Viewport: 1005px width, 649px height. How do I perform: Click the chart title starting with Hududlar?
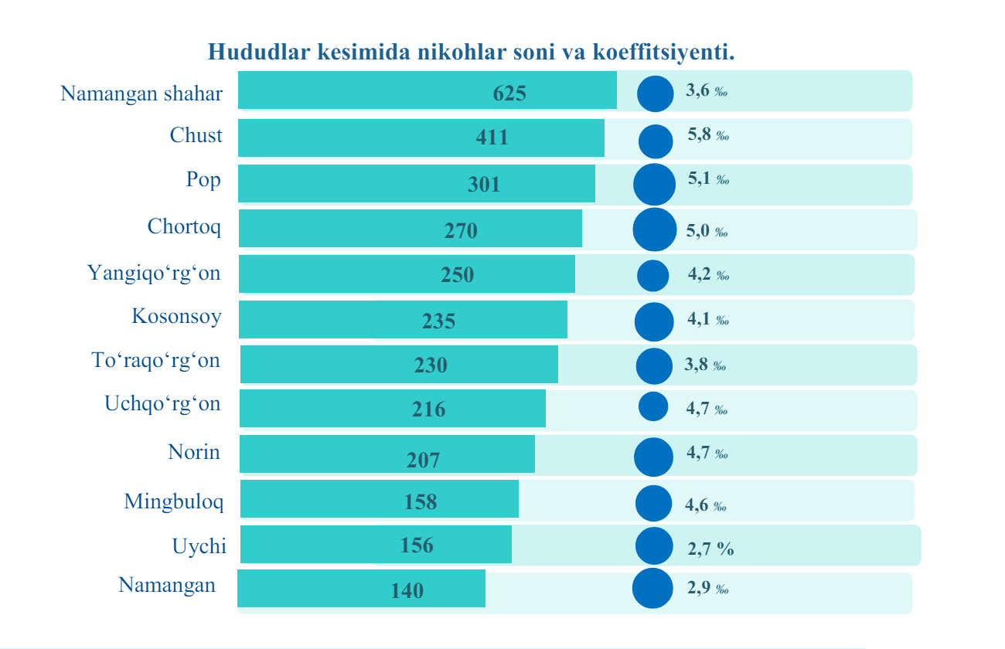[470, 53]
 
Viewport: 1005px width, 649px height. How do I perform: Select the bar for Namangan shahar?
[427, 90]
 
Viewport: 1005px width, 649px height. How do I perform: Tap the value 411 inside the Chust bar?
[492, 138]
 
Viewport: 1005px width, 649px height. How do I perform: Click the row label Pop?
[203, 180]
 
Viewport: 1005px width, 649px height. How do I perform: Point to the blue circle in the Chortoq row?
[654, 230]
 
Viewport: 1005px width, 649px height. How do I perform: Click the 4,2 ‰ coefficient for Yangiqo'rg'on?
[707, 274]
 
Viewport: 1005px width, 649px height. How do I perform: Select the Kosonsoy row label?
[176, 316]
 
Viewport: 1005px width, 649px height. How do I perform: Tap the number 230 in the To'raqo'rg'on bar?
[431, 365]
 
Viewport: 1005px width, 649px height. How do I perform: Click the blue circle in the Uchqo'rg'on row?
[654, 406]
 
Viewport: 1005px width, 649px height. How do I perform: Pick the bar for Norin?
[387, 454]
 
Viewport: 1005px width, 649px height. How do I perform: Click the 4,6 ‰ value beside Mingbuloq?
[705, 506]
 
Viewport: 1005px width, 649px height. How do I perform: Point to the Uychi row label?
[199, 547]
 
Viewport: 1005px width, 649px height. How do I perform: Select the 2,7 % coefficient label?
[710, 549]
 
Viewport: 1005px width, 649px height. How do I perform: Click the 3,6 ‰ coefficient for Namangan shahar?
[707, 91]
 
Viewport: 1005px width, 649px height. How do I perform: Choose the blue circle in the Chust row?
[656, 141]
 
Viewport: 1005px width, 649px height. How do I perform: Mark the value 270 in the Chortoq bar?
[461, 230]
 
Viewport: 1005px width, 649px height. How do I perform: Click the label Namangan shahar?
[141, 94]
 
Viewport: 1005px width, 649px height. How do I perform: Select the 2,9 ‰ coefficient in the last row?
[707, 588]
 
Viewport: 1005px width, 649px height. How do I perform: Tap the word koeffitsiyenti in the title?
[663, 53]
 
